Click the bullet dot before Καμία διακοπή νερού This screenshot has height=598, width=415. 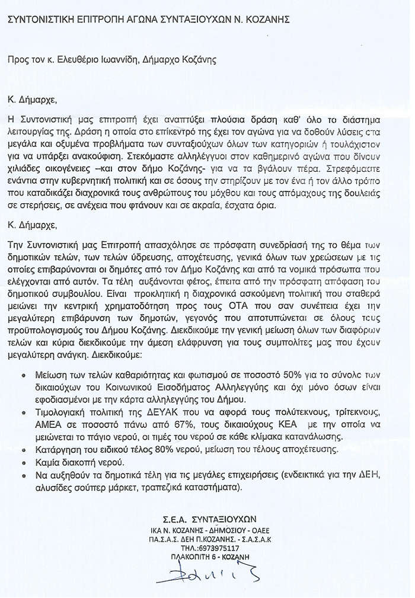[x=23, y=462]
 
